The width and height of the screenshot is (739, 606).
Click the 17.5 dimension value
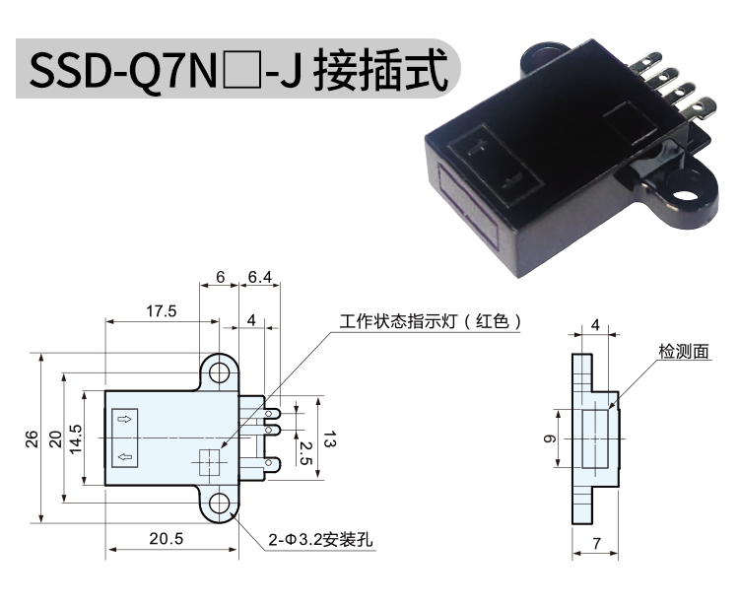click(x=162, y=311)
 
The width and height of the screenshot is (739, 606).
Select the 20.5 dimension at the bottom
click(x=167, y=538)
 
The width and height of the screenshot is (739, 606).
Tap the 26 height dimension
click(x=32, y=438)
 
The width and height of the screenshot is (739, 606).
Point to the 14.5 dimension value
click(x=76, y=438)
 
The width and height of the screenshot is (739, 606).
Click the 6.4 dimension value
click(x=260, y=278)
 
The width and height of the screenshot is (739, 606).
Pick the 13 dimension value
click(x=329, y=439)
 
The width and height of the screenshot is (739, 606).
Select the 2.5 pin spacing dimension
click(x=305, y=453)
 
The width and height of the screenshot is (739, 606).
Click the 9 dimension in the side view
click(x=549, y=438)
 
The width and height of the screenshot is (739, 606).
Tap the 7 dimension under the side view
click(x=597, y=543)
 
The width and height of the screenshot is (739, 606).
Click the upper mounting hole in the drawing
click(x=219, y=373)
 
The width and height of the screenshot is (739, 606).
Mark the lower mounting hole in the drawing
click(x=219, y=505)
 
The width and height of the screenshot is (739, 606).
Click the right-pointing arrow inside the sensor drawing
click(x=124, y=419)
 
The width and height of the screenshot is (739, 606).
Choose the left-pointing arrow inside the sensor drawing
click(x=124, y=456)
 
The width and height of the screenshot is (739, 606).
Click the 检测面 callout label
click(x=684, y=351)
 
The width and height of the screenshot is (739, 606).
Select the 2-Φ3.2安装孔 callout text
click(x=320, y=540)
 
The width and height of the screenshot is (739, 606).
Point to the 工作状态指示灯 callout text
click(x=398, y=321)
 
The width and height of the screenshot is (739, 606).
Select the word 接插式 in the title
click(x=380, y=70)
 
